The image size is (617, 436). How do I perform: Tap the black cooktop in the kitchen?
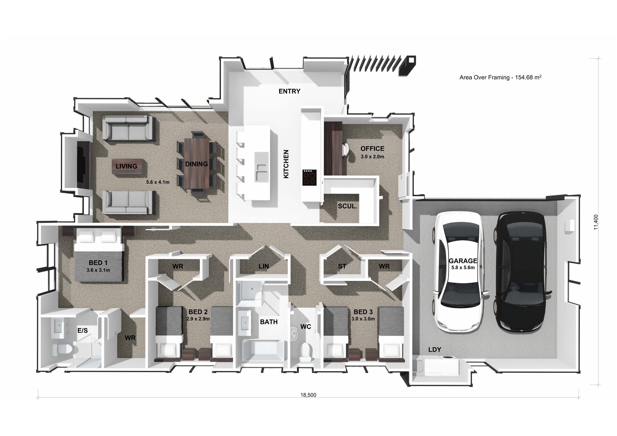point(309,178)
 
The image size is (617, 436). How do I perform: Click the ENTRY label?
point(289,91)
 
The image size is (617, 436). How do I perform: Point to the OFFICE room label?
point(372,149)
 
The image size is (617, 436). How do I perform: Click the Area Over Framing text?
point(500,77)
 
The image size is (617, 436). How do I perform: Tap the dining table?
point(197,163)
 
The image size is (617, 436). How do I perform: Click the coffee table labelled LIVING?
point(127,166)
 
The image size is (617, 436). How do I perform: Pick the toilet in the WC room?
point(306,352)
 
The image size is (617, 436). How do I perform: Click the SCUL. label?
point(347,207)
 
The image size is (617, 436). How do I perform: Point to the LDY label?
point(434,350)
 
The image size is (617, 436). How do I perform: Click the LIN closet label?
point(264,266)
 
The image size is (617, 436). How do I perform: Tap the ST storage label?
point(342,266)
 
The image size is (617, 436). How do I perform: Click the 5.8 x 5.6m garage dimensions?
point(463,267)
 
